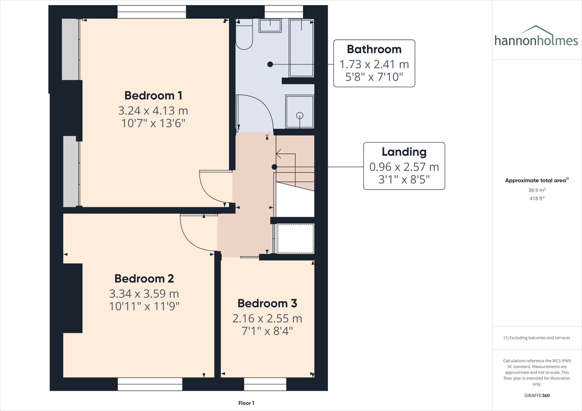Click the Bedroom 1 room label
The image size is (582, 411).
pyautogui.click(x=153, y=96)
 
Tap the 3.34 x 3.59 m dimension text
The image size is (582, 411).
pyautogui.click(x=144, y=294)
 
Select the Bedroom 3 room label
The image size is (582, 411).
pyautogui.click(x=267, y=303)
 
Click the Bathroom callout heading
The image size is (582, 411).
pyautogui.click(x=374, y=49)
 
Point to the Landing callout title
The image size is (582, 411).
pyautogui.click(x=404, y=152)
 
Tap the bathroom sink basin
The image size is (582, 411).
pyautogui.click(x=270, y=26)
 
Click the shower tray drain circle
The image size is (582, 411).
pyautogui.click(x=300, y=116)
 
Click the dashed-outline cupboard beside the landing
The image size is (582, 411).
pyautogui.click(x=295, y=238)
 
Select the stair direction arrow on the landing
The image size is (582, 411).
pyautogui.click(x=279, y=154)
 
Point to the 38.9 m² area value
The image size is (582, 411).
pyautogui.click(x=537, y=190)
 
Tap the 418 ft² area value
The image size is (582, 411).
pyautogui.click(x=537, y=198)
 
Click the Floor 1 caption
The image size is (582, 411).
pyautogui.click(x=246, y=403)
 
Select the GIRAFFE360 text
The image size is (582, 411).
pyautogui.click(x=537, y=395)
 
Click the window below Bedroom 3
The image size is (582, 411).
pyautogui.click(x=265, y=384)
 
